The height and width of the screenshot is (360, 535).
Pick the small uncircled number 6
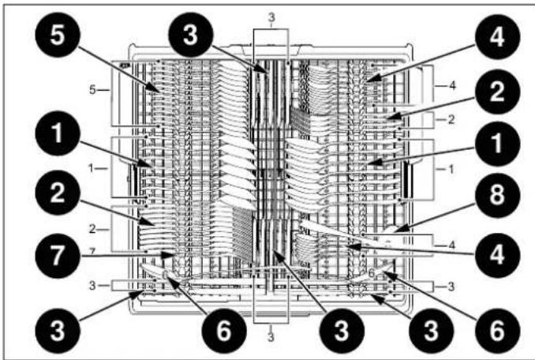[x=369, y=270]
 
